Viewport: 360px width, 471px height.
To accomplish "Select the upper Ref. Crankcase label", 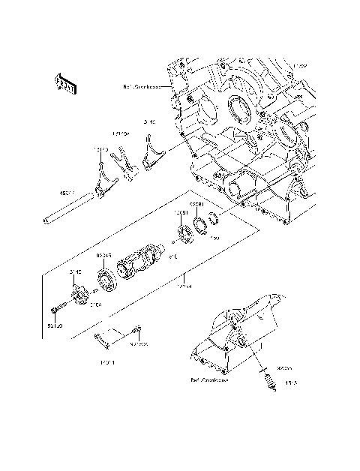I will (x=142, y=87).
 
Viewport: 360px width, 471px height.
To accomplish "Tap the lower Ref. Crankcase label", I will (x=208, y=380).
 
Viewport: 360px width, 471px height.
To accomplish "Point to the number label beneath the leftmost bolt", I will (x=55, y=326).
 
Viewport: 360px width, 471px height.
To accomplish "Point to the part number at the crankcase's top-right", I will (x=300, y=66).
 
